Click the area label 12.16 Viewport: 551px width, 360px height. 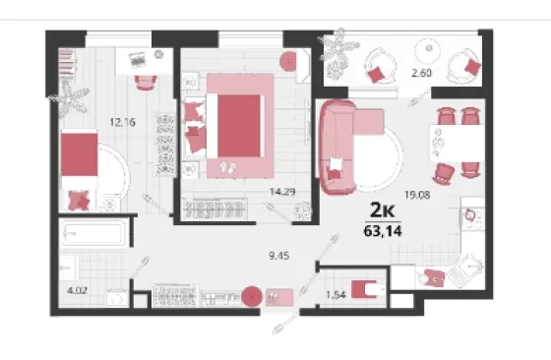(122, 122)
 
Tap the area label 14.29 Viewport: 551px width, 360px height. (282, 192)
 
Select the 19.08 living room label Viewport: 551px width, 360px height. (417, 195)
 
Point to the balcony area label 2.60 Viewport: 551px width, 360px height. (421, 73)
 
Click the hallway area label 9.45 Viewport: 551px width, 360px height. (279, 256)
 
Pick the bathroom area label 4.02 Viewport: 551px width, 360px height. (77, 291)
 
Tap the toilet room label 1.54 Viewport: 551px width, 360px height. (336, 295)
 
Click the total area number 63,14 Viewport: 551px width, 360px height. (383, 231)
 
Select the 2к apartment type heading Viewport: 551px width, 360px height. (383, 210)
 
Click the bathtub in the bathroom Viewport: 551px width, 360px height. (93, 233)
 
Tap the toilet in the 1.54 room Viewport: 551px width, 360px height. (368, 289)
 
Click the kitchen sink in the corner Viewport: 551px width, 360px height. (467, 270)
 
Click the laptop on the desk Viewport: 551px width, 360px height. (137, 60)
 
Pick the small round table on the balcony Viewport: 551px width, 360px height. (428, 50)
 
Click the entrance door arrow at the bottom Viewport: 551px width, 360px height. (287, 321)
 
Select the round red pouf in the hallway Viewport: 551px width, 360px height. (252, 296)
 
